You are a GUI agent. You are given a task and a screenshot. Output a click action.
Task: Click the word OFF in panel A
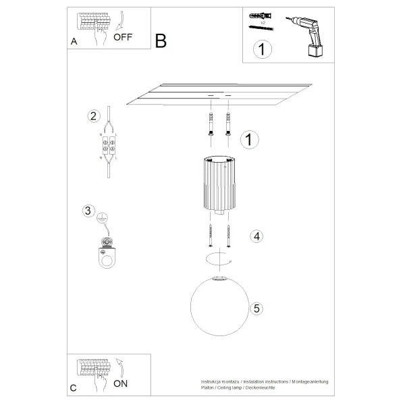click(123, 37)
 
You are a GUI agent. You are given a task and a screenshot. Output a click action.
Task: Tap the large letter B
click(161, 41)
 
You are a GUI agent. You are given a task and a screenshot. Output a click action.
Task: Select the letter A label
click(74, 41)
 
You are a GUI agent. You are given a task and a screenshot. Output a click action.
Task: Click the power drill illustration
click(307, 33)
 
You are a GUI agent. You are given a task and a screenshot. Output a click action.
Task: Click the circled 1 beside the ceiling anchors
click(249, 139)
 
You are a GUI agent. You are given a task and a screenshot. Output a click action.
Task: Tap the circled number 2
click(94, 115)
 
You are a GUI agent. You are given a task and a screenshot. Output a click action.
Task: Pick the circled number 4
click(255, 236)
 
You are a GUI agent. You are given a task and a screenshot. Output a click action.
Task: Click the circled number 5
click(255, 308)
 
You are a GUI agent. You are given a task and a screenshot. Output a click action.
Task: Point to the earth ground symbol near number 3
click(103, 217)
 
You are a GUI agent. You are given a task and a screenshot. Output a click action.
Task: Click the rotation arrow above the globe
click(218, 259)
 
